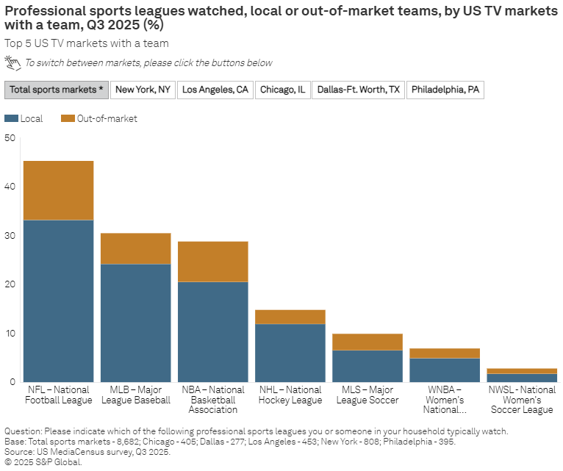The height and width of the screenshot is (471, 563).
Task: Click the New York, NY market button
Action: click(143, 90)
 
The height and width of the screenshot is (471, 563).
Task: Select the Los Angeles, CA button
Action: click(215, 90)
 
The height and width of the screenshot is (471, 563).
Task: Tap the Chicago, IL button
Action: click(281, 90)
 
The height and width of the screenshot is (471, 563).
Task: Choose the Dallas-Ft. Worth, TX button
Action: click(358, 90)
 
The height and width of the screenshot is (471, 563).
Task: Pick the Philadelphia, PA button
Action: click(445, 90)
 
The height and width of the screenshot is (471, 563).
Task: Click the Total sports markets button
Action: click(57, 90)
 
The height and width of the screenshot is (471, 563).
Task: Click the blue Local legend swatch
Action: click(11, 118)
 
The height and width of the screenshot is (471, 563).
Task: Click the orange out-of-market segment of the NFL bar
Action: click(59, 190)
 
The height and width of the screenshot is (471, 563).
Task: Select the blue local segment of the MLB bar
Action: click(136, 323)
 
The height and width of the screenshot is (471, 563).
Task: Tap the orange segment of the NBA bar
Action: click(213, 262)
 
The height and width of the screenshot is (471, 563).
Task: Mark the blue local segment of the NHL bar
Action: click(290, 353)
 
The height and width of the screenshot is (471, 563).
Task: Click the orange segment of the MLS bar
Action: click(367, 342)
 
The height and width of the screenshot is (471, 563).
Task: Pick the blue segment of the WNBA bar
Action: click(445, 370)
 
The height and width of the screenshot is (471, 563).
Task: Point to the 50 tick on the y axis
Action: click(10, 138)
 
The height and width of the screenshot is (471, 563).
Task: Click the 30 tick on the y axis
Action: click(10, 236)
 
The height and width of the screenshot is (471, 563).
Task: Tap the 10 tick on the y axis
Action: click(10, 334)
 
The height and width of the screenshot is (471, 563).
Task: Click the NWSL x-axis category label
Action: click(522, 400)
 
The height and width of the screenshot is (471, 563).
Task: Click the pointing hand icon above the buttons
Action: click(13, 62)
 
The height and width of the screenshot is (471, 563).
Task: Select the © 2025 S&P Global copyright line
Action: click(43, 462)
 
